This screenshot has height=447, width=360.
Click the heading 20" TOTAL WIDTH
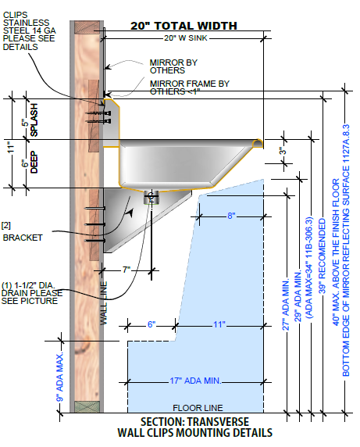click(x=184, y=26)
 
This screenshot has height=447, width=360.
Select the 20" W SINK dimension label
click(x=186, y=38)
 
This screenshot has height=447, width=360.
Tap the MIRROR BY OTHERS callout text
click(x=173, y=66)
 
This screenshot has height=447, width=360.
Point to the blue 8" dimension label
click(x=231, y=216)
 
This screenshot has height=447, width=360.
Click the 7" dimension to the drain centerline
click(x=127, y=270)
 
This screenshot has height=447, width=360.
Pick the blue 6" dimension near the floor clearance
click(x=151, y=324)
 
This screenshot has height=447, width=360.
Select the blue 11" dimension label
click(x=219, y=324)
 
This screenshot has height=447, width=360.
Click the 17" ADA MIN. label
click(x=195, y=381)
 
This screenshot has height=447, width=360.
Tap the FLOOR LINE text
click(x=198, y=408)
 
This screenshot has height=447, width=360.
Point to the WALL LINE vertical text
click(x=104, y=303)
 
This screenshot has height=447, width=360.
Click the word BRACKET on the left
click(x=23, y=238)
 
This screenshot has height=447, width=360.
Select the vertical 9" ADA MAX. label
click(x=60, y=377)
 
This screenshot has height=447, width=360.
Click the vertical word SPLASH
click(x=34, y=120)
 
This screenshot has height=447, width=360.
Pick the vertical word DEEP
click(x=34, y=162)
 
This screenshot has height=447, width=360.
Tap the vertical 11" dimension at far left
click(x=10, y=147)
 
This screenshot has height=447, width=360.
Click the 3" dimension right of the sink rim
click(x=282, y=151)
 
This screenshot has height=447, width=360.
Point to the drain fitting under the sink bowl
click(x=151, y=197)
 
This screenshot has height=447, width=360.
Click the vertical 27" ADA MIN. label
click(x=286, y=304)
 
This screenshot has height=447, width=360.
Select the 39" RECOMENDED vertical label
click(x=322, y=256)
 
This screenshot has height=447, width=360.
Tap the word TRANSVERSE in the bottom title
click(x=218, y=422)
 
